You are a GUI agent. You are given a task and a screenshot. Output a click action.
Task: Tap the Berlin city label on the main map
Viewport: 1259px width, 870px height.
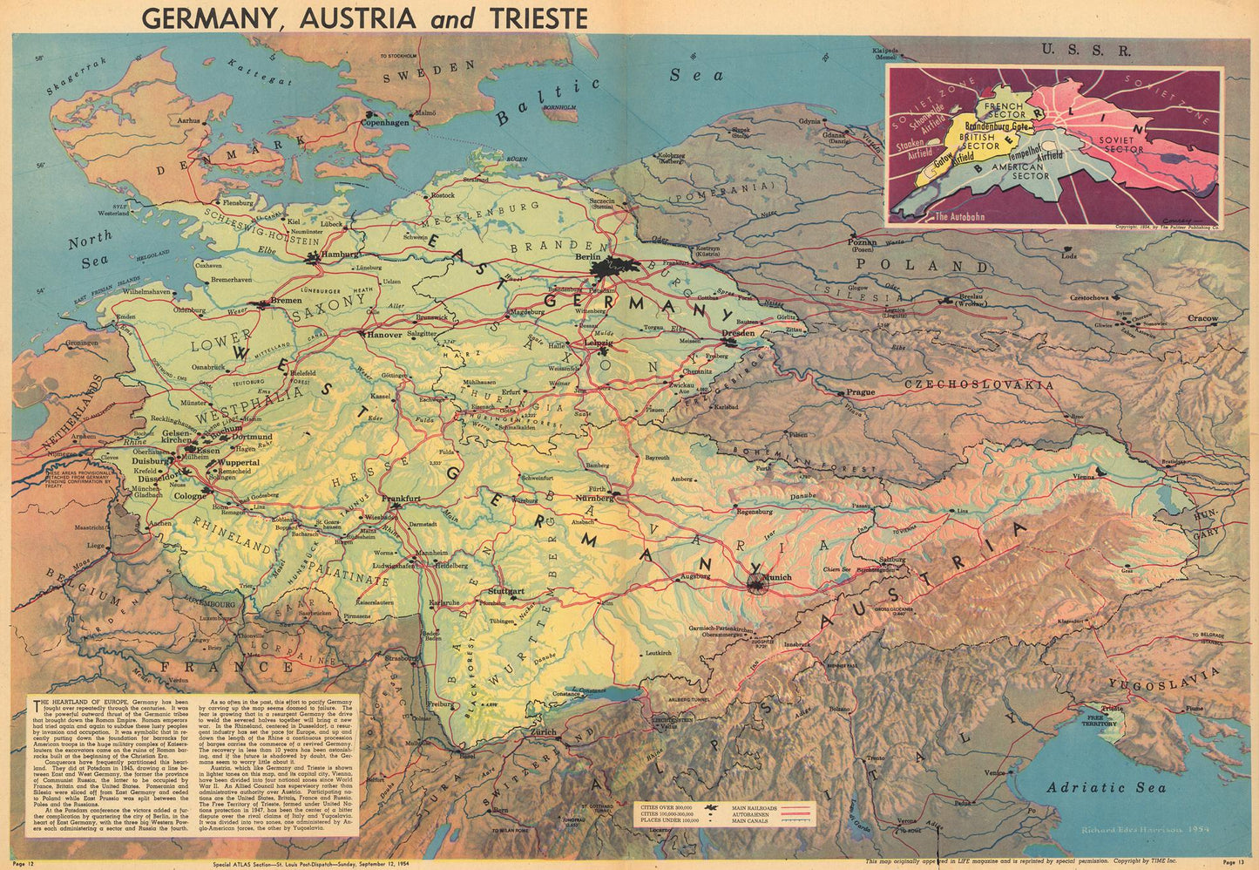click(x=589, y=258)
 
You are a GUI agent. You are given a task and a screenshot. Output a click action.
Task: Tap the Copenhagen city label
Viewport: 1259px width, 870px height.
click(x=379, y=123)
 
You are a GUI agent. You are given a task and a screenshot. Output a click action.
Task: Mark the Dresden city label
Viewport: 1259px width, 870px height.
click(x=738, y=333)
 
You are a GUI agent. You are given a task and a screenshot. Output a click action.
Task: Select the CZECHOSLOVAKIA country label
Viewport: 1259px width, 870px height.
click(x=978, y=384)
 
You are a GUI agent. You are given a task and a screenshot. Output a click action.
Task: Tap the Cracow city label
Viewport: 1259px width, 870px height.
click(x=1202, y=318)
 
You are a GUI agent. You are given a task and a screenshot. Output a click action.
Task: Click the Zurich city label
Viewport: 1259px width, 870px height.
click(x=543, y=731)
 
